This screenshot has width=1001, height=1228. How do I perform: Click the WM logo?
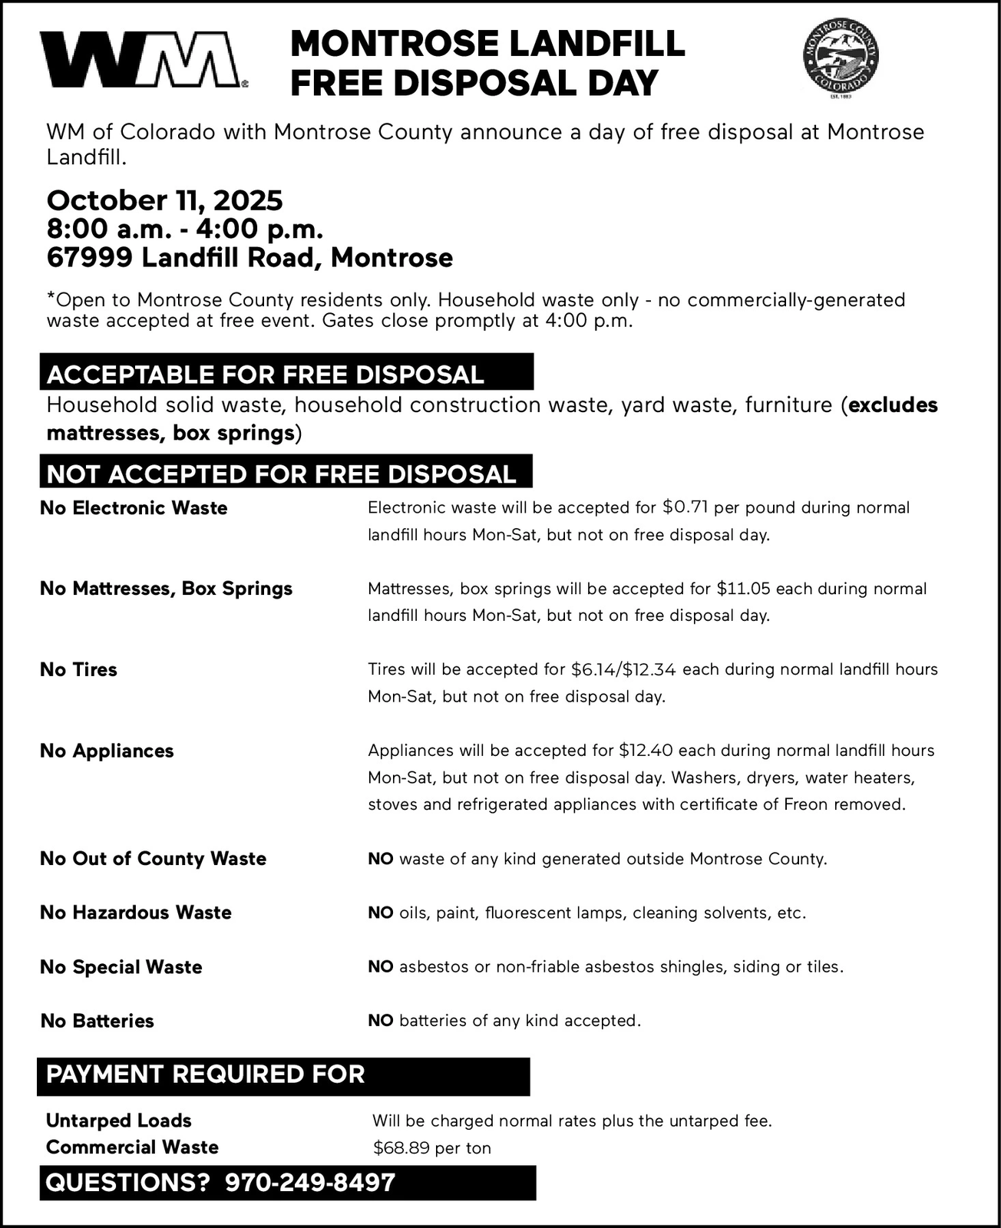coord(143,60)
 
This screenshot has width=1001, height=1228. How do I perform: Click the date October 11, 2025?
coord(164,201)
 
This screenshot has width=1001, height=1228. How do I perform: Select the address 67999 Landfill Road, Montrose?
coord(249,258)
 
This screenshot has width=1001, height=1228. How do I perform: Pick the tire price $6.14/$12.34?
coord(623,669)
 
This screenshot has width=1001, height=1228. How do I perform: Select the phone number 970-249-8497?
coord(309,1183)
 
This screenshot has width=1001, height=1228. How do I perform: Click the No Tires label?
coord(78,670)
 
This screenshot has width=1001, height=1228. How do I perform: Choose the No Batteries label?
coord(97,1022)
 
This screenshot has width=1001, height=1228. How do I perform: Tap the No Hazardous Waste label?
coord(135,913)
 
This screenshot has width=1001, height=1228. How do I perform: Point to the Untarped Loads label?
coord(118,1121)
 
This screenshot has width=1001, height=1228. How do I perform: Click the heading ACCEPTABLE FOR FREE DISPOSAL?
coord(266,375)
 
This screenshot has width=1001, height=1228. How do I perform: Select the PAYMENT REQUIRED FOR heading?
coord(205,1074)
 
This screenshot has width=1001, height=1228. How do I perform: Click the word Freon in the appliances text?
coord(806,804)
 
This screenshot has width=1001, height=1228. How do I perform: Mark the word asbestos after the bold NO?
coord(434,967)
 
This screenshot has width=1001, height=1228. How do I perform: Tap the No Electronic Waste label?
coord(134,508)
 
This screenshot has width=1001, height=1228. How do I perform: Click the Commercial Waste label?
coord(132,1147)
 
